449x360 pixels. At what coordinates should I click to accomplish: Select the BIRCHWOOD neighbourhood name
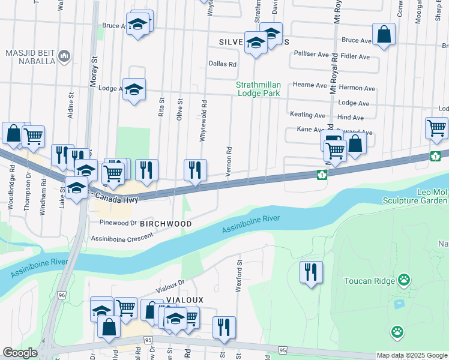166,224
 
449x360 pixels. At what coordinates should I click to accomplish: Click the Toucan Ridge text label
369,281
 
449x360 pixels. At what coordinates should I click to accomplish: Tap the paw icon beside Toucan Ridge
405,280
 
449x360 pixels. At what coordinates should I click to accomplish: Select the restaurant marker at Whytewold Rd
195,170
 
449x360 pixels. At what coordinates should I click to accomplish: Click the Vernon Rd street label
228,161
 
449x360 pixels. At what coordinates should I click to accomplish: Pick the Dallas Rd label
222,64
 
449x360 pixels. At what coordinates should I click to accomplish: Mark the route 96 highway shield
62,295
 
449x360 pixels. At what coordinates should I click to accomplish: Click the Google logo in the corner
20,353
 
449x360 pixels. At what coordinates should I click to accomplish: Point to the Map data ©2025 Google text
411,355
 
